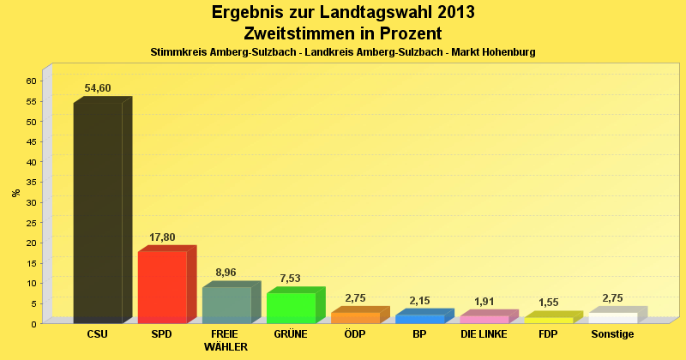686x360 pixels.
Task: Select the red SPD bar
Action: click(162, 286)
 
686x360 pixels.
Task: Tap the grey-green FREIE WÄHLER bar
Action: click(226, 305)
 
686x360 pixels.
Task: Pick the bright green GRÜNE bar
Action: click(291, 308)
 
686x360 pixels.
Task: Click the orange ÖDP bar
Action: click(355, 318)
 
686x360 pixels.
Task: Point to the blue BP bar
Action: click(419, 319)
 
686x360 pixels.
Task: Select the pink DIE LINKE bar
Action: click(484, 320)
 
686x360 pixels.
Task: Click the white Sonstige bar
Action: click(612, 318)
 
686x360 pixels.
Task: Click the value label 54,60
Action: click(98, 88)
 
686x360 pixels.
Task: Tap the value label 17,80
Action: click(162, 237)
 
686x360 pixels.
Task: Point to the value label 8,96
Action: click(226, 273)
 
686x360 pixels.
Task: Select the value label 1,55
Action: click(548, 303)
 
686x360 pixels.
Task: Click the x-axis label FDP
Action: click(548, 334)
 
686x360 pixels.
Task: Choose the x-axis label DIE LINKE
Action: click(484, 334)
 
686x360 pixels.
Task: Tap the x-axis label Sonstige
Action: click(612, 334)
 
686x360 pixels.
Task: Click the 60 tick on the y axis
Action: click(31, 81)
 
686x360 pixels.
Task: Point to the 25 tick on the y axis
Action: click(31, 222)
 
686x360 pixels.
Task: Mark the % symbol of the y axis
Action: click(16, 193)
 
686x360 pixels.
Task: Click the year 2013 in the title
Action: click(448, 13)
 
